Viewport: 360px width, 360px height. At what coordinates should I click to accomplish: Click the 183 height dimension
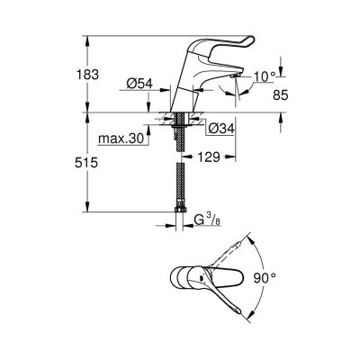point(87,75)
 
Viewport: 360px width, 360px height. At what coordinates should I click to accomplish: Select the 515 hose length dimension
point(86,163)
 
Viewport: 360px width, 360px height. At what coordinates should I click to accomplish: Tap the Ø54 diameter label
point(139,84)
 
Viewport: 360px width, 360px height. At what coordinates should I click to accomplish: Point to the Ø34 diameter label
point(221,129)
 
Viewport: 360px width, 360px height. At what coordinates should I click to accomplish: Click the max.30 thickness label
point(121,139)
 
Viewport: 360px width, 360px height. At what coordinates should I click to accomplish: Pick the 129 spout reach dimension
point(209,157)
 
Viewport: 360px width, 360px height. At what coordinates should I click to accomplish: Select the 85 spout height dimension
point(281,95)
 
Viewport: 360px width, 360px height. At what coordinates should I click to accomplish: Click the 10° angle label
point(265,77)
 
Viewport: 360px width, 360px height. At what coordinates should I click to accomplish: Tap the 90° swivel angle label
point(265,278)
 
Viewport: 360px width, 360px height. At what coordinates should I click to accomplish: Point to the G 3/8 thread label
point(207,220)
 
